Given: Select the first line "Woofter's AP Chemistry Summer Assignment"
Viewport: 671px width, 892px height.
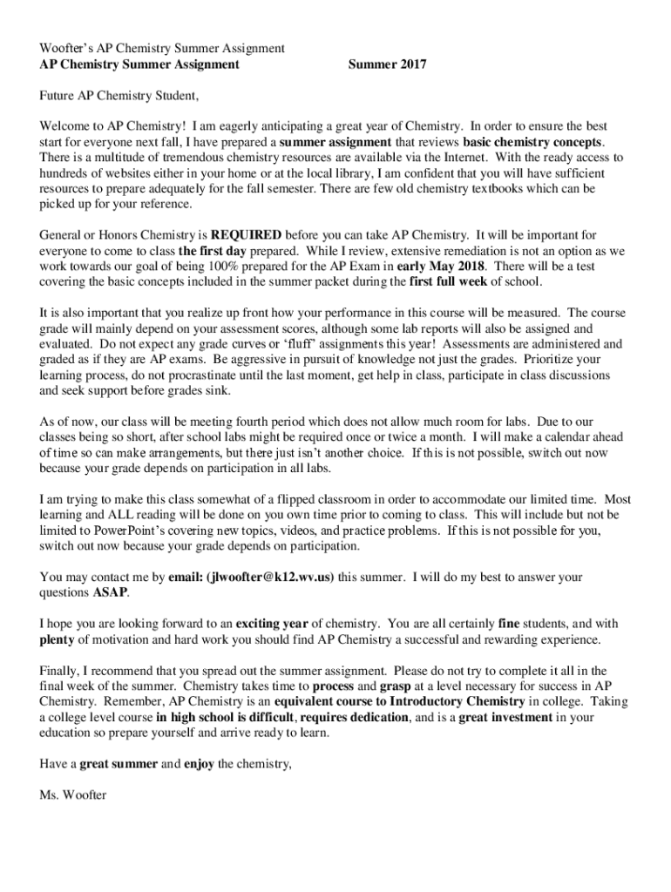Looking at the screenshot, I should click(163, 47).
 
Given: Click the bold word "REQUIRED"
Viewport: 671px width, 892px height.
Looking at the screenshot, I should click(247, 234).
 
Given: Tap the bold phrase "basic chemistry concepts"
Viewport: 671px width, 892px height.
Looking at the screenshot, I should click(533, 141).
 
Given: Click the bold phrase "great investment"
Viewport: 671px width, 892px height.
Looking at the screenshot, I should click(505, 718).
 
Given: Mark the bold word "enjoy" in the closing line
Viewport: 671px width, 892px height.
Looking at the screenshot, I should click(200, 765).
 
